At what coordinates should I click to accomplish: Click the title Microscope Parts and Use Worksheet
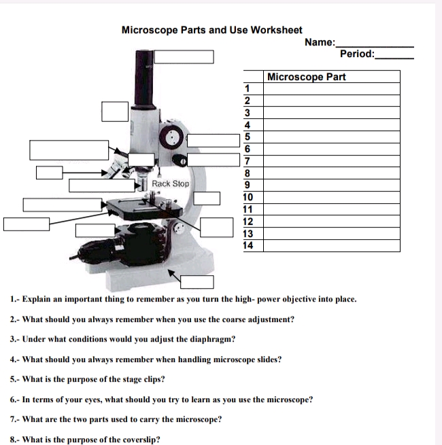click(211, 31)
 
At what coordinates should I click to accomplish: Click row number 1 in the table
click(249, 88)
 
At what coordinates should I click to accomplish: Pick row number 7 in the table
click(249, 161)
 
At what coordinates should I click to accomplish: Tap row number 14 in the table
click(249, 245)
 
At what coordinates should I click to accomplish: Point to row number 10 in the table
click(249, 197)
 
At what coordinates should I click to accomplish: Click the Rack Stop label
click(171, 184)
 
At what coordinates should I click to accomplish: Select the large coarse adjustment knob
click(171, 134)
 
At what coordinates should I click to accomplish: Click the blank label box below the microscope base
click(197, 282)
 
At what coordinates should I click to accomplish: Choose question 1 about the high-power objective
click(184, 299)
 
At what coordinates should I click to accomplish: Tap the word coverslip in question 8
click(139, 439)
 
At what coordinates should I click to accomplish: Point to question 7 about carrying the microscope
click(116, 419)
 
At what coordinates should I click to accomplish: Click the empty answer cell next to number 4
click(331, 125)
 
